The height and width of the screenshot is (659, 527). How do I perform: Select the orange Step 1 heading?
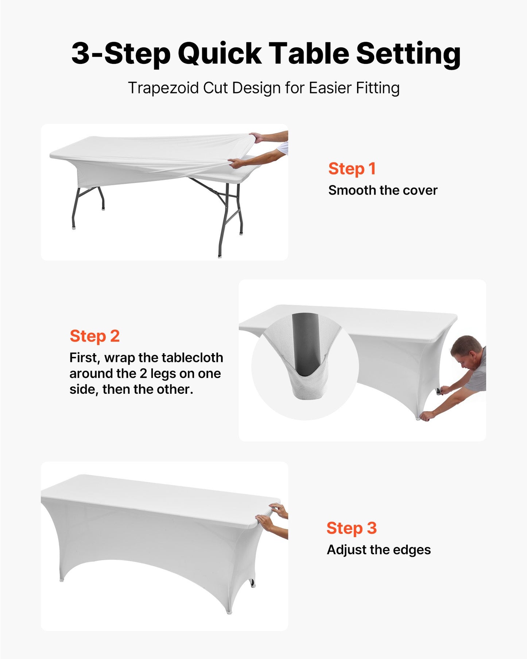352,169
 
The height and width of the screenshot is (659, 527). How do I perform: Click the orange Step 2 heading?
94,336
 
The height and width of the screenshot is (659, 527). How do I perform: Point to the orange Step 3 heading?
351,528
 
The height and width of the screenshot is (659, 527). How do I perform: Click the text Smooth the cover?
383,190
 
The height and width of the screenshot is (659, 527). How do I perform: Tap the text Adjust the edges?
379,550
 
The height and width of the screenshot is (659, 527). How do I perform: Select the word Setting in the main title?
408,54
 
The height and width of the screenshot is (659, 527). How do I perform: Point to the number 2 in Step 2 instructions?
143,374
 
